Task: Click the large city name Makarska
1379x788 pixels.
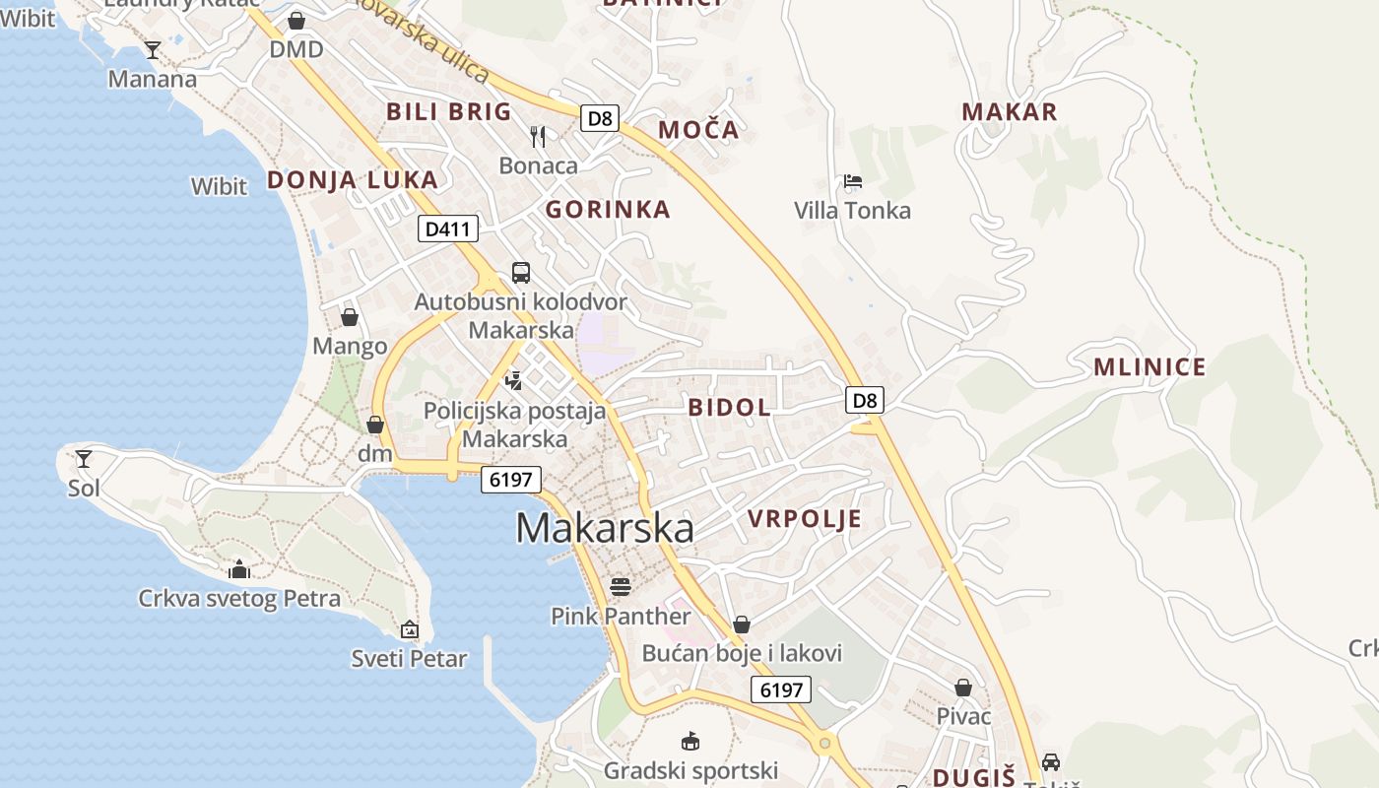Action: tap(604, 528)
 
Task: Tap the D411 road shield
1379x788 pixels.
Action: tap(448, 230)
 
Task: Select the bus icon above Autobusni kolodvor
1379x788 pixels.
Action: tap(521, 273)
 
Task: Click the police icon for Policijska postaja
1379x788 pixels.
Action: tap(513, 380)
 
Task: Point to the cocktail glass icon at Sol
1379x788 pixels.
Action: tap(84, 458)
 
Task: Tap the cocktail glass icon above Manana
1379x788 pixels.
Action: tap(153, 49)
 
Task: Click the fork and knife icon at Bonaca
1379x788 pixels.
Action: tap(538, 136)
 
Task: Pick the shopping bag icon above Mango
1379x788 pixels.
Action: tap(349, 317)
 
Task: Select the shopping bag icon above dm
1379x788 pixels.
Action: tap(374, 425)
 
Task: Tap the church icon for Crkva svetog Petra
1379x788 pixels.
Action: tap(239, 569)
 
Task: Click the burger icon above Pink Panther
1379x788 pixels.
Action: tap(621, 587)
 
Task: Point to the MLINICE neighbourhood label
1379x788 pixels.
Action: tap(1149, 367)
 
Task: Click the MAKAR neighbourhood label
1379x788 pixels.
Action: tap(1010, 111)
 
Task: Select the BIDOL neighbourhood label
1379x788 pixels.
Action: tap(730, 407)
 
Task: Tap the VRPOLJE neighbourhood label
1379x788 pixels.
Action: tap(805, 519)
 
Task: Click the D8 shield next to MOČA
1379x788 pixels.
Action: tap(599, 119)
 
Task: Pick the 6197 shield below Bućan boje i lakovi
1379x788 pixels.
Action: tap(781, 689)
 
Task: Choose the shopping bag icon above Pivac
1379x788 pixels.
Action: tap(963, 688)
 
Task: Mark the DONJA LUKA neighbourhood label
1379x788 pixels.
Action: tap(353, 179)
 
